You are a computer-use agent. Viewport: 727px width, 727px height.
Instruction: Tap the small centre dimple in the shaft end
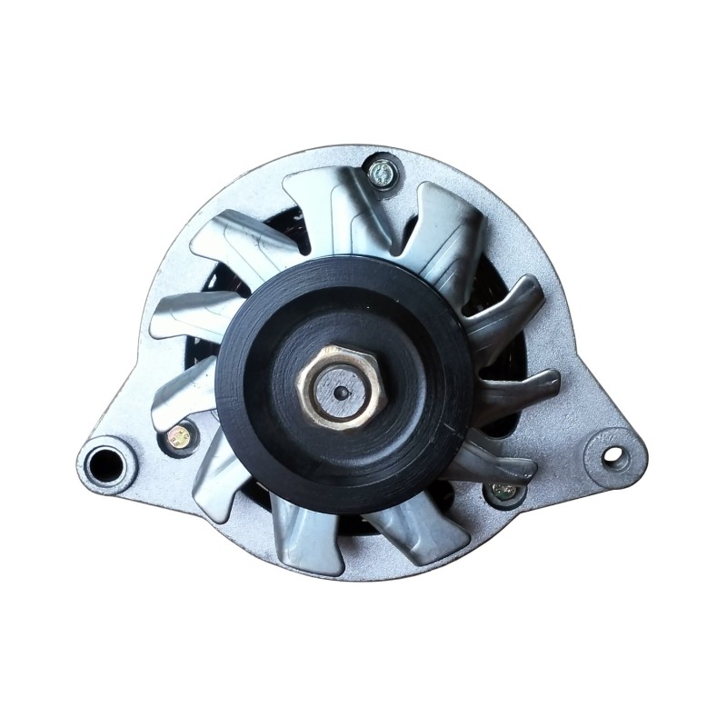point(341,393)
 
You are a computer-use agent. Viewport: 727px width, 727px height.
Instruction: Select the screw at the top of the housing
point(383,171)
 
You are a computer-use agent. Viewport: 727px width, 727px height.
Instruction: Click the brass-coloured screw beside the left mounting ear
point(180,437)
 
